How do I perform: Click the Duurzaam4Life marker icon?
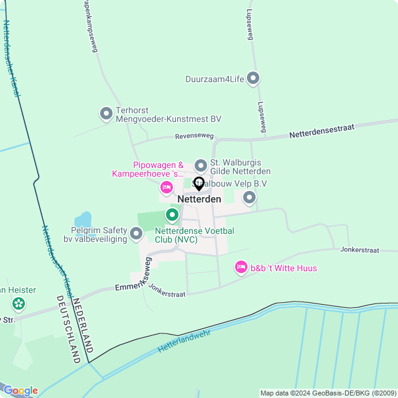253,78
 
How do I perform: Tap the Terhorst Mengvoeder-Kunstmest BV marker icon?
106,113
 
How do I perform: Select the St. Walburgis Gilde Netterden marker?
200,165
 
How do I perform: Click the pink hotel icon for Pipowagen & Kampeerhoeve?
166,187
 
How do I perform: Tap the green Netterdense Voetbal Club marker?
172,215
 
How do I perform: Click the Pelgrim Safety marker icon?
136,234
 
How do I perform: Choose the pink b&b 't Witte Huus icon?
241,267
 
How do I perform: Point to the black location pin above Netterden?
199,184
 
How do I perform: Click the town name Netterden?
199,199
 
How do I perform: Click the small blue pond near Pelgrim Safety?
83,220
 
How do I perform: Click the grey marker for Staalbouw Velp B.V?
249,198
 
